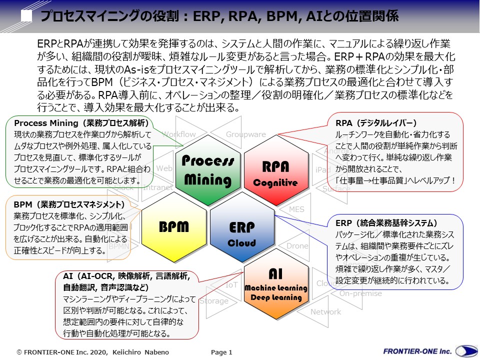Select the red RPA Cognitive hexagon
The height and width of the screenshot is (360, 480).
tap(275, 170)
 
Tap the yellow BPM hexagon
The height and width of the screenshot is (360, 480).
tap(173, 226)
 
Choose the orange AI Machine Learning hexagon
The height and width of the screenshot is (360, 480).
tap(275, 285)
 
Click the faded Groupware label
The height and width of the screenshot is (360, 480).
tap(245, 134)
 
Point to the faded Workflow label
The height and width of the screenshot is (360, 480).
tap(178, 134)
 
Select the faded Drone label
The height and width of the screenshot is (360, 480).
tap(297, 246)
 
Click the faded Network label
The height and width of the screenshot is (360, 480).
tap(325, 312)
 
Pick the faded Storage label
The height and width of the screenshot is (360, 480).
tap(214, 301)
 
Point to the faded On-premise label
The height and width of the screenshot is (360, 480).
tap(360, 293)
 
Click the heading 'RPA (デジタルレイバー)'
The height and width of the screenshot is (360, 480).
tap(376, 123)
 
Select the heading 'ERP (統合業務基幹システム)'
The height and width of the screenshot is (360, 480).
tap(386, 223)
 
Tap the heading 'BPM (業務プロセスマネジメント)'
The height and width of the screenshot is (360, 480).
tap(69, 204)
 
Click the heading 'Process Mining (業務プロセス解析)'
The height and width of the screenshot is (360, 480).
tap(81, 123)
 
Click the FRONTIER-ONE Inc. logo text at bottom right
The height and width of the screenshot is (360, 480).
tap(417, 351)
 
